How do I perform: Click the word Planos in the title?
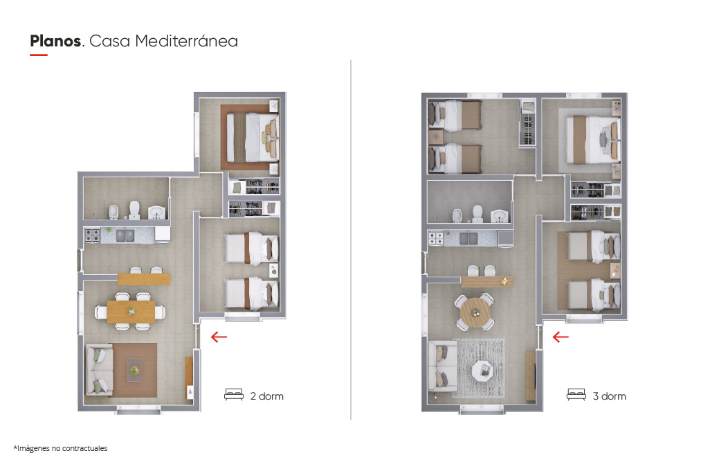coord(55,41)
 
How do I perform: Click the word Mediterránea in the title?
coord(186,41)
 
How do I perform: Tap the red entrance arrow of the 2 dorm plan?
coord(219,337)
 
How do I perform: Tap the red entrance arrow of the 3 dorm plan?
coord(561,337)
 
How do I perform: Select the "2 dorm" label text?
coord(267,396)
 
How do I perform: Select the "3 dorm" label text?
coord(610,396)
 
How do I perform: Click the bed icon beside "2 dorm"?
coord(234,394)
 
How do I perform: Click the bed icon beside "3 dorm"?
coord(576,394)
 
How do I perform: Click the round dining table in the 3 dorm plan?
coord(475,311)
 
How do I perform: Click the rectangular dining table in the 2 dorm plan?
coord(131,311)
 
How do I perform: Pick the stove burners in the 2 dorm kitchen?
coord(92,236)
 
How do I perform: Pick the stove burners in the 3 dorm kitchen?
coord(436,238)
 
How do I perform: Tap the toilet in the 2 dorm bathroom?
coord(134,209)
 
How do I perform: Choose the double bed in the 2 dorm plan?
coord(253,137)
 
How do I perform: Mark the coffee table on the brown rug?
coord(134,370)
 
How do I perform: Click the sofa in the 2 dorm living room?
coord(99,370)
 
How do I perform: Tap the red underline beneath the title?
coord(39,55)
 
